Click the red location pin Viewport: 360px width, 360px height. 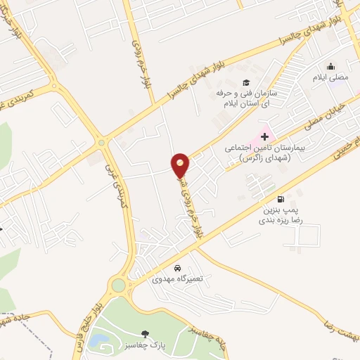click(181, 165)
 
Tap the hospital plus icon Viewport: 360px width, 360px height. click(265, 136)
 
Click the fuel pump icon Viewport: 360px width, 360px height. click(281, 199)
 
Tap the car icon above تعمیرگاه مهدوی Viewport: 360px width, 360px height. click(178, 267)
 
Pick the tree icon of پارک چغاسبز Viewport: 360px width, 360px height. click(146, 334)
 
